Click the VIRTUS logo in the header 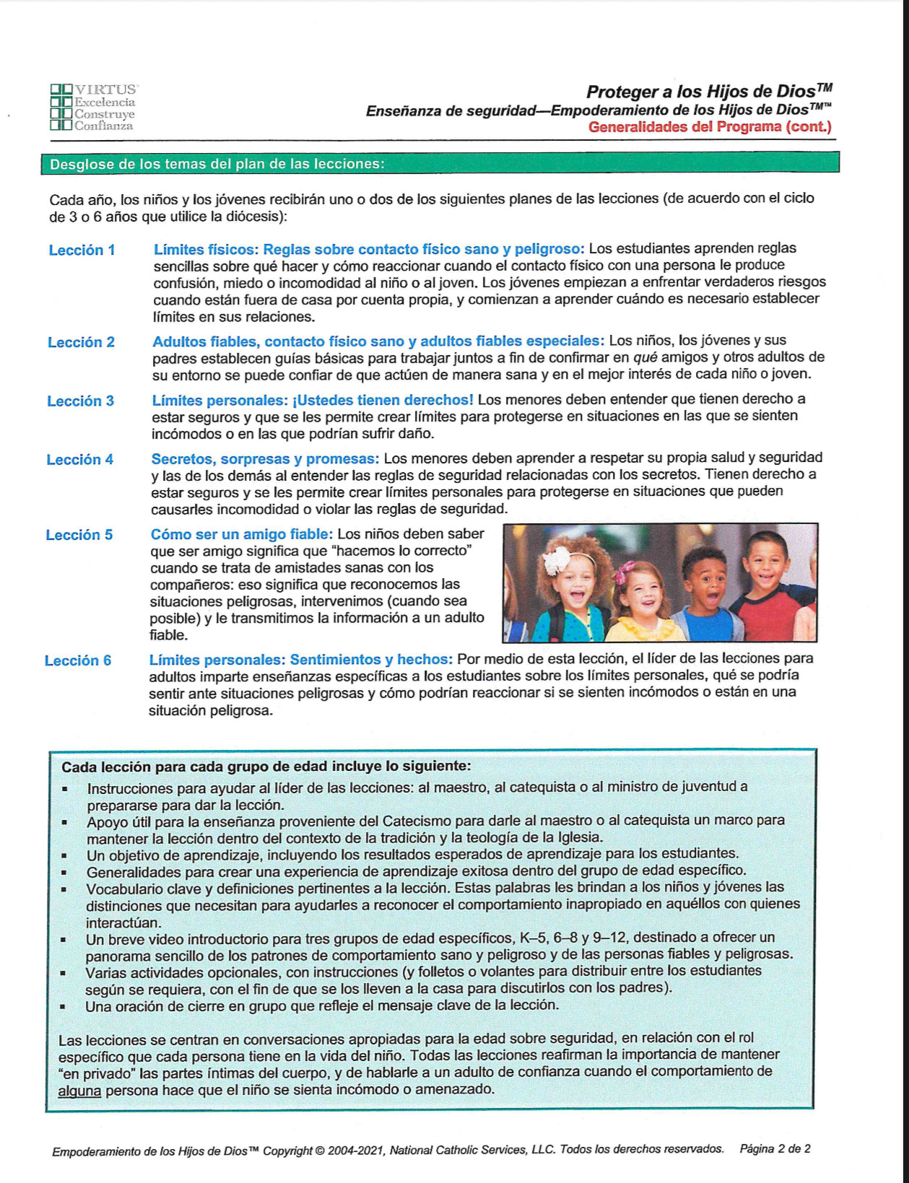pos(93,107)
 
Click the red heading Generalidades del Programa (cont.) pos(709,127)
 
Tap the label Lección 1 pos(82,250)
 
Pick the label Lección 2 pos(81,342)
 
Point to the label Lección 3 pos(80,401)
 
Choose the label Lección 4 pos(79,459)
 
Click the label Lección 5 pos(79,535)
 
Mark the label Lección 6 pos(78,660)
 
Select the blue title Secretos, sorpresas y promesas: pos(264,459)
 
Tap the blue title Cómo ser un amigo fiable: pos(241,534)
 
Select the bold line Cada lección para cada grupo pos(266,767)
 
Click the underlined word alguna pos(79,1090)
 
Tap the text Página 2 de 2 pos(775,1148)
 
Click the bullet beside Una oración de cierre pos(65,1006)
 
